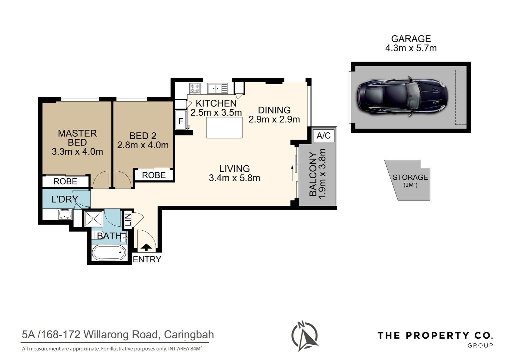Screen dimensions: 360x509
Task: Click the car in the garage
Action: click(x=402, y=97)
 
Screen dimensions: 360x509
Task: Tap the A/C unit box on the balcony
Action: click(x=323, y=136)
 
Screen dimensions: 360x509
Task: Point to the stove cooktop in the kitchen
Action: click(x=195, y=88)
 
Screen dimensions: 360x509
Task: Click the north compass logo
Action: click(x=304, y=337)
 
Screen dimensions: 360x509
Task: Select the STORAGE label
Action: click(x=410, y=177)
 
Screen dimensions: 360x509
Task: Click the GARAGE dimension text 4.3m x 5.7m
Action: click(x=410, y=48)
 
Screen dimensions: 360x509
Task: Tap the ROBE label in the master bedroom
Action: click(x=65, y=181)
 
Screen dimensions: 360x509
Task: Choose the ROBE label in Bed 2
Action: click(x=154, y=175)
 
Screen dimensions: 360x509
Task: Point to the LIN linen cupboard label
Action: click(x=128, y=220)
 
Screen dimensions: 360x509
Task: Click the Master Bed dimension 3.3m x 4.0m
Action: click(x=77, y=152)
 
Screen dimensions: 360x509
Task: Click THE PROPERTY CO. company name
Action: click(x=435, y=335)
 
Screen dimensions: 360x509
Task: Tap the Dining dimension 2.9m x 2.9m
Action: click(x=274, y=119)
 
